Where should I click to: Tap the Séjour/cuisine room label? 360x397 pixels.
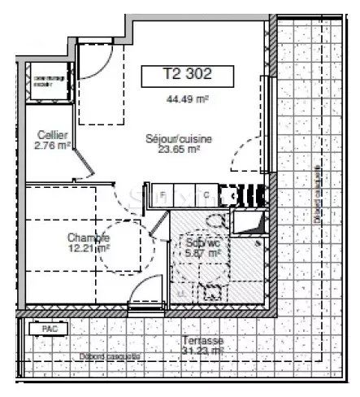point(179,138)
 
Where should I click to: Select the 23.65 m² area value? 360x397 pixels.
point(179,150)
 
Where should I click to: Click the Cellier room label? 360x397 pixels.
point(51,135)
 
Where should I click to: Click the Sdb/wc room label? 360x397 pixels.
point(202,242)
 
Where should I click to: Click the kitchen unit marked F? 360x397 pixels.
point(163,194)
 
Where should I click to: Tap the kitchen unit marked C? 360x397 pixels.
point(206,194)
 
